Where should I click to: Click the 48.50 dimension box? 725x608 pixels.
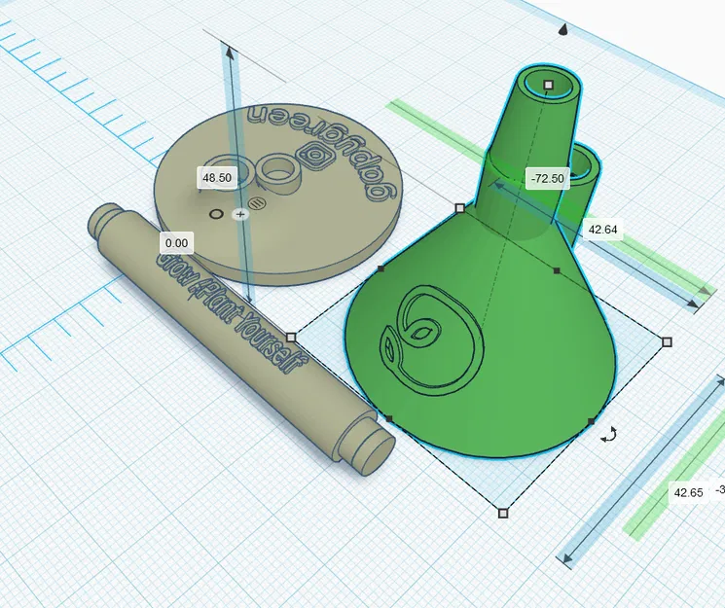point(216,178)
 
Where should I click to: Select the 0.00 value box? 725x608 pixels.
point(177,242)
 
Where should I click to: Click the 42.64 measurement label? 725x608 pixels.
point(603,231)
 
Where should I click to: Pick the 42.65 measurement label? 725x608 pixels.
point(688,492)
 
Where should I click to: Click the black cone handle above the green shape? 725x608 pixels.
point(562,30)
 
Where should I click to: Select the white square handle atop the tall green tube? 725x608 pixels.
point(549,86)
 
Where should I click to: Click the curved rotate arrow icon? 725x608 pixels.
point(609,435)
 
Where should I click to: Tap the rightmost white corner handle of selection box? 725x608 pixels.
point(667,341)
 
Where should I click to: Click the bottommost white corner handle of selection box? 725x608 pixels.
point(503,512)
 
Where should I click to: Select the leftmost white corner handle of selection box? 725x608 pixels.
point(291,337)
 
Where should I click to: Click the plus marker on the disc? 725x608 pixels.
point(240,214)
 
